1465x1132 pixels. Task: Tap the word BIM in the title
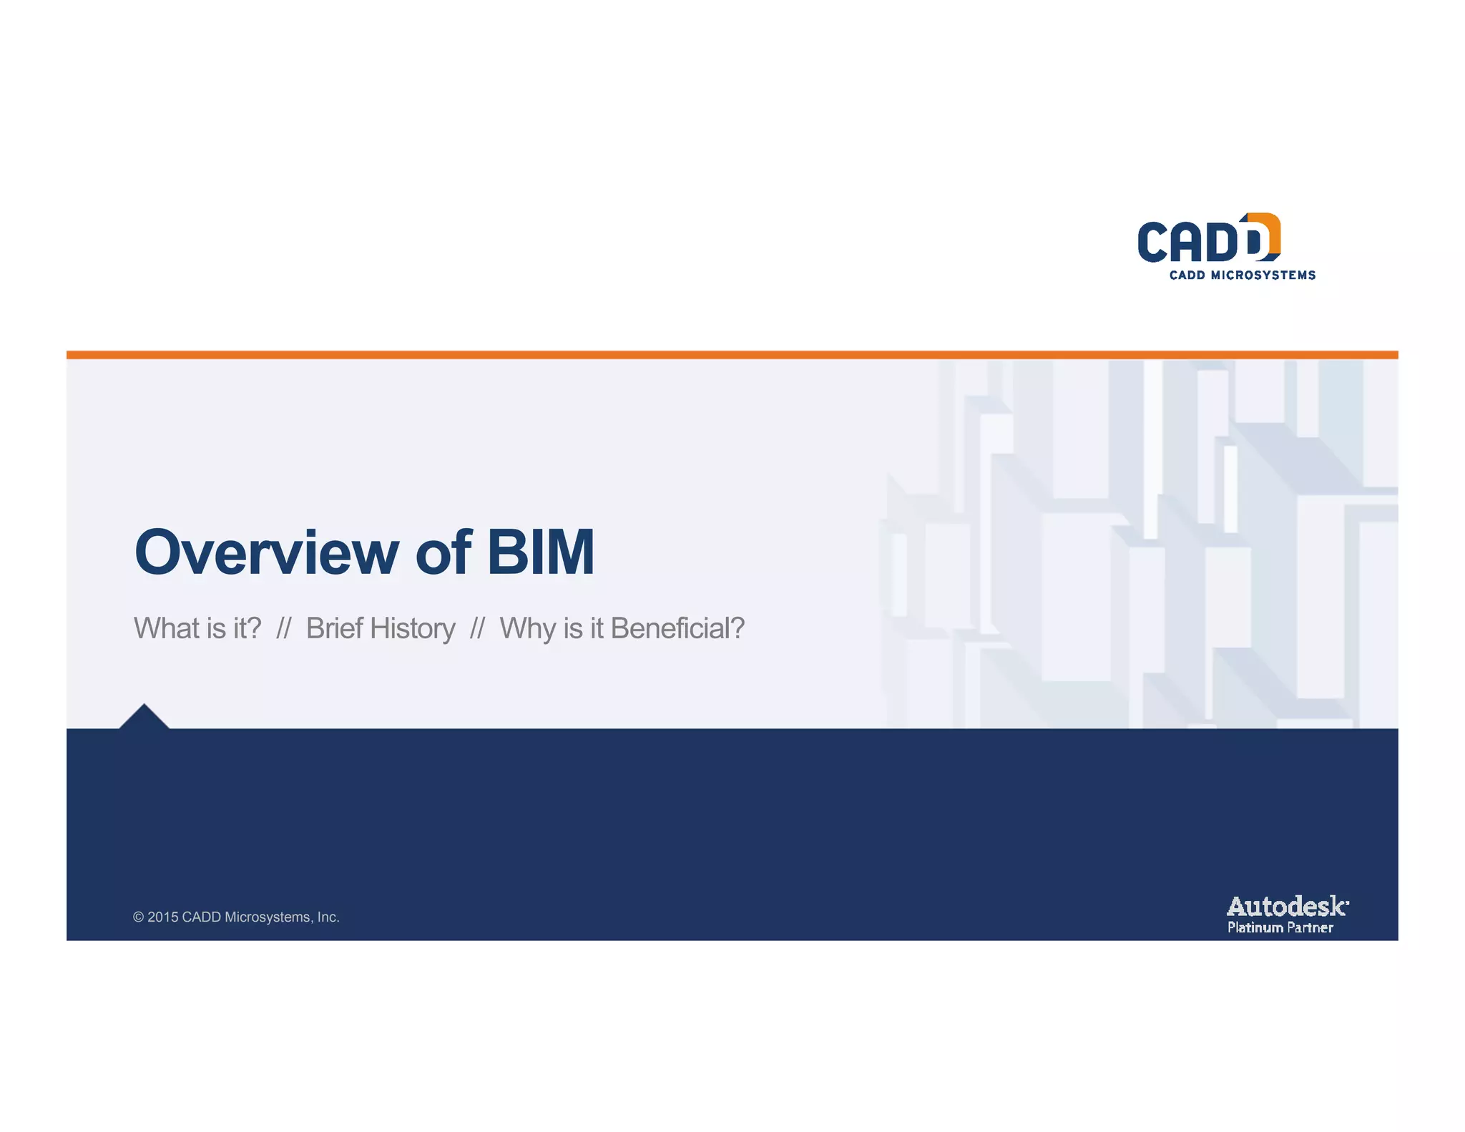point(541,552)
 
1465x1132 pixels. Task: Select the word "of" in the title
point(443,552)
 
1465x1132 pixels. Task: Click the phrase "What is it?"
point(197,628)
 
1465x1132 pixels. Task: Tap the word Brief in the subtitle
point(334,628)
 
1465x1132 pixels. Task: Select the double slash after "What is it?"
point(283,628)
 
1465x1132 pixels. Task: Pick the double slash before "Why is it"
point(477,628)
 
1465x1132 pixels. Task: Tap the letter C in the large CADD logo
point(1153,242)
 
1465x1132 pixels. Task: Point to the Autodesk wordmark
point(1287,907)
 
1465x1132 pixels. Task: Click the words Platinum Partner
point(1280,928)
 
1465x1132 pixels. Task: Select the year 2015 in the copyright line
point(162,917)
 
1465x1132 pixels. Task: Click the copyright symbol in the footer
point(138,917)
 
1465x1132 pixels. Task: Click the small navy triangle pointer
point(144,717)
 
